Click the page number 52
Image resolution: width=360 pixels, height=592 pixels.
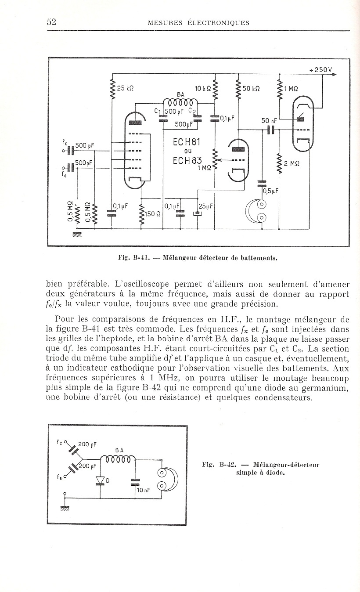click(x=51, y=22)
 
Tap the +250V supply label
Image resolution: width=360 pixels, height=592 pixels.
click(x=320, y=70)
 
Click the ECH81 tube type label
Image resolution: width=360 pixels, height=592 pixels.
click(x=187, y=142)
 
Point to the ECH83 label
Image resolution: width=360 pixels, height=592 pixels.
click(x=187, y=160)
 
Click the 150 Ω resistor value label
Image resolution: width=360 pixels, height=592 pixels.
click(x=153, y=214)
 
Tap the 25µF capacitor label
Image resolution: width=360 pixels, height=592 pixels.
click(x=206, y=206)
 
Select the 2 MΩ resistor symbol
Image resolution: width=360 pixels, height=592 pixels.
click(x=279, y=163)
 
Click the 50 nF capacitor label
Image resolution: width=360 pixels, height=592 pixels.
click(x=269, y=121)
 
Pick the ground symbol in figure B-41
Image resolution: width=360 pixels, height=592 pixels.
click(x=77, y=234)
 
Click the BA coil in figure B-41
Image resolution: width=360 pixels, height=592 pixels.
click(x=180, y=102)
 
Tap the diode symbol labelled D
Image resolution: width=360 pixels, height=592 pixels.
click(x=100, y=480)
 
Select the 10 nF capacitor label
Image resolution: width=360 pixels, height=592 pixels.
click(x=144, y=490)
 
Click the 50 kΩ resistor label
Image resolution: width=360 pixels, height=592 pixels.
click(x=251, y=89)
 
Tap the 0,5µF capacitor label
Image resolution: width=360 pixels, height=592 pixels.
click(x=270, y=191)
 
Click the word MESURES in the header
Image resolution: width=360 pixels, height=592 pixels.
click(x=165, y=23)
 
